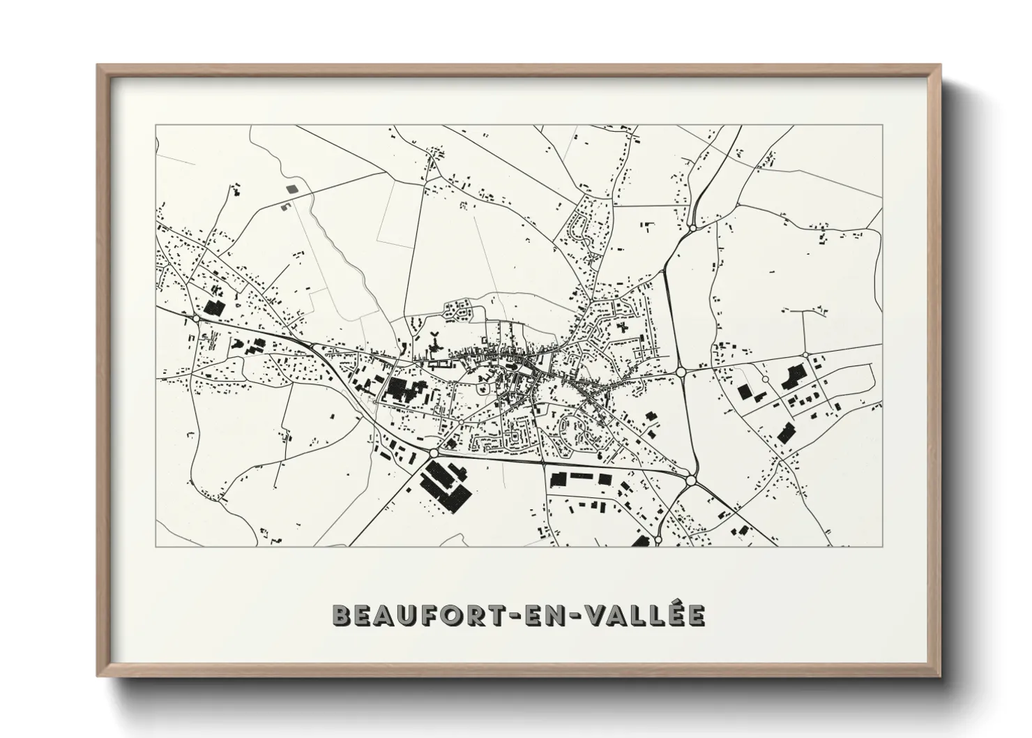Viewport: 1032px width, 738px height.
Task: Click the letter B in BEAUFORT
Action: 342,615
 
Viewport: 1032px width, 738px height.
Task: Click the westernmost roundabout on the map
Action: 196,319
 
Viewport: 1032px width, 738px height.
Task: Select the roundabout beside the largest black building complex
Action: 434,453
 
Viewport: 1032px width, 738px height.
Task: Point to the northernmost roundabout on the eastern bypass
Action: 692,227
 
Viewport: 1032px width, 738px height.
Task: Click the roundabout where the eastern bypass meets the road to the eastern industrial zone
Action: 681,372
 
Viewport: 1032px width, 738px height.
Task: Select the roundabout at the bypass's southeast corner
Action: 690,481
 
